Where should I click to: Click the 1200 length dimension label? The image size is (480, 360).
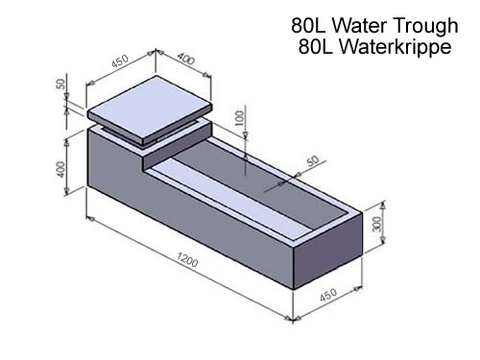coord(187,259)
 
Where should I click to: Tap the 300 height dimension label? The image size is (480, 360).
coord(377,224)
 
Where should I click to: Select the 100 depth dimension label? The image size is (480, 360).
coord(239,118)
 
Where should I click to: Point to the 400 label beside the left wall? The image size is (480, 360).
coord(60,169)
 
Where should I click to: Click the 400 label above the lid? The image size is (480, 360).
coord(186,59)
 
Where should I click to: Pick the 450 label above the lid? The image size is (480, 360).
coord(120,61)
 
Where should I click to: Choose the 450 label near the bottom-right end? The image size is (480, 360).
coord(328,295)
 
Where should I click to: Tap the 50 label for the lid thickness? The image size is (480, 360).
coord(60,84)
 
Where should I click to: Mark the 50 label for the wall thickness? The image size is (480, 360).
coord(314,161)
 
